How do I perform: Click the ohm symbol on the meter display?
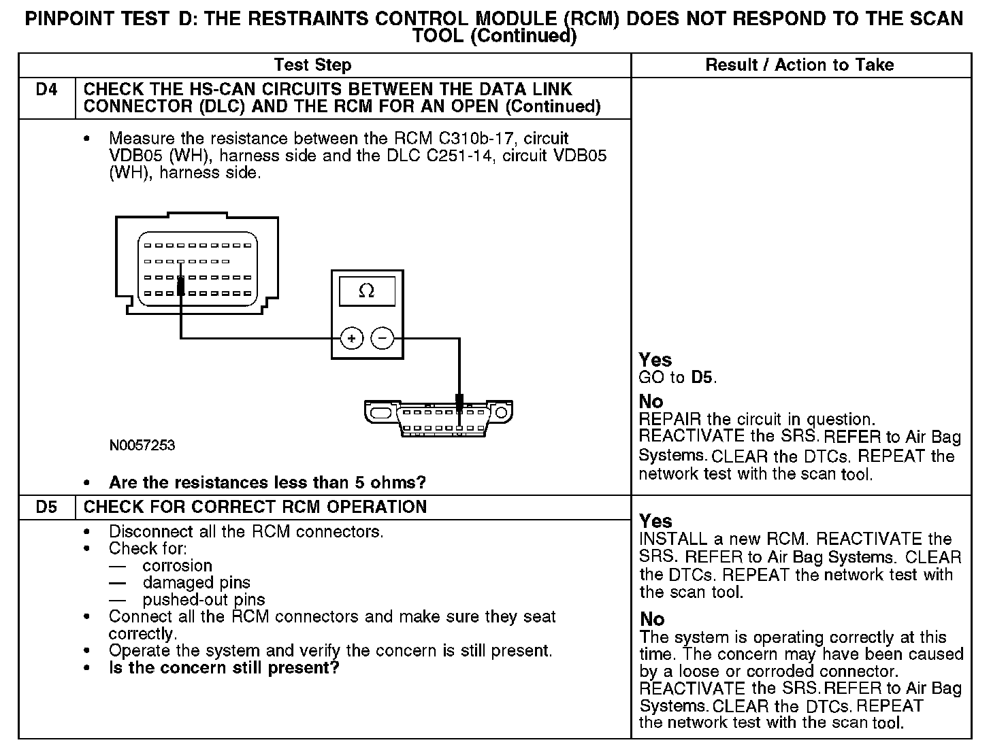(x=366, y=291)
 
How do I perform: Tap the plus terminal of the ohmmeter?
(x=351, y=337)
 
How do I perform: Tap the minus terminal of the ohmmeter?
(x=383, y=337)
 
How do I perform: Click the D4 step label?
(x=46, y=90)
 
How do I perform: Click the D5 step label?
(x=46, y=507)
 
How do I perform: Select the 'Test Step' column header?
(x=312, y=65)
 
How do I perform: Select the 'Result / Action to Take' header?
(x=800, y=65)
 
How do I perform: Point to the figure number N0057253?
(x=142, y=446)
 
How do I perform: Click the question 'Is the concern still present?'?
(x=224, y=668)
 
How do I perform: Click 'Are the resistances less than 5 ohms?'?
(x=267, y=483)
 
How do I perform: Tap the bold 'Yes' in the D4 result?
(x=655, y=360)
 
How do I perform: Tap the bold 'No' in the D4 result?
(x=651, y=401)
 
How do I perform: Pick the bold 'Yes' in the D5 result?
(x=655, y=521)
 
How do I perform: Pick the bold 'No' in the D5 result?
(x=651, y=619)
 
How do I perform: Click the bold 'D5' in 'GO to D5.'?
(x=702, y=378)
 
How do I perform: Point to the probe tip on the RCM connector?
(x=180, y=286)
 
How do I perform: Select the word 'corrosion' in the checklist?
(x=177, y=566)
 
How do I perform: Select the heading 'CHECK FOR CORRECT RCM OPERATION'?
(x=255, y=507)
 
